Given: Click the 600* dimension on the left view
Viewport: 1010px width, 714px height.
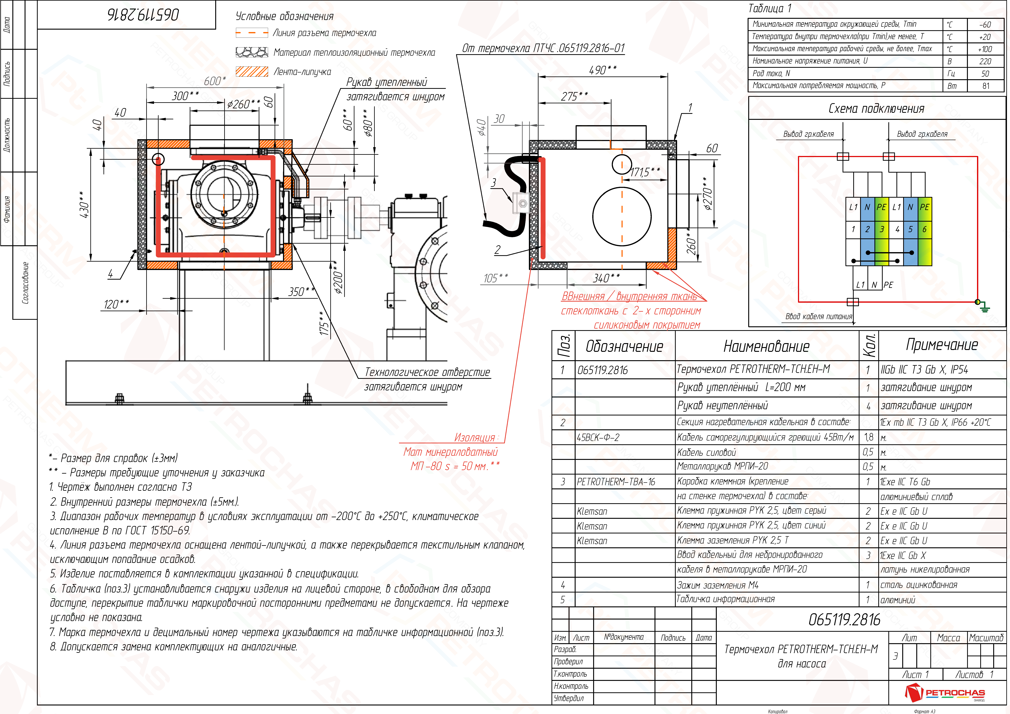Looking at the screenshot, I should [x=215, y=81].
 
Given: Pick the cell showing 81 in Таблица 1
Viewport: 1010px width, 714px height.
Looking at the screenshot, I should [x=986, y=86].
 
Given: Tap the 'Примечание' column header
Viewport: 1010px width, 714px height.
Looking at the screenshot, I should [x=942, y=345].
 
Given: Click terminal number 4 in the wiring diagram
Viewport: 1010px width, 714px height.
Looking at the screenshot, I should [x=897, y=229].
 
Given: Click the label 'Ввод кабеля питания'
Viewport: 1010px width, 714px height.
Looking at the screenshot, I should [x=819, y=316].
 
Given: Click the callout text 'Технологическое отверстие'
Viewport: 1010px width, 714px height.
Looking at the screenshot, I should [x=427, y=372].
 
